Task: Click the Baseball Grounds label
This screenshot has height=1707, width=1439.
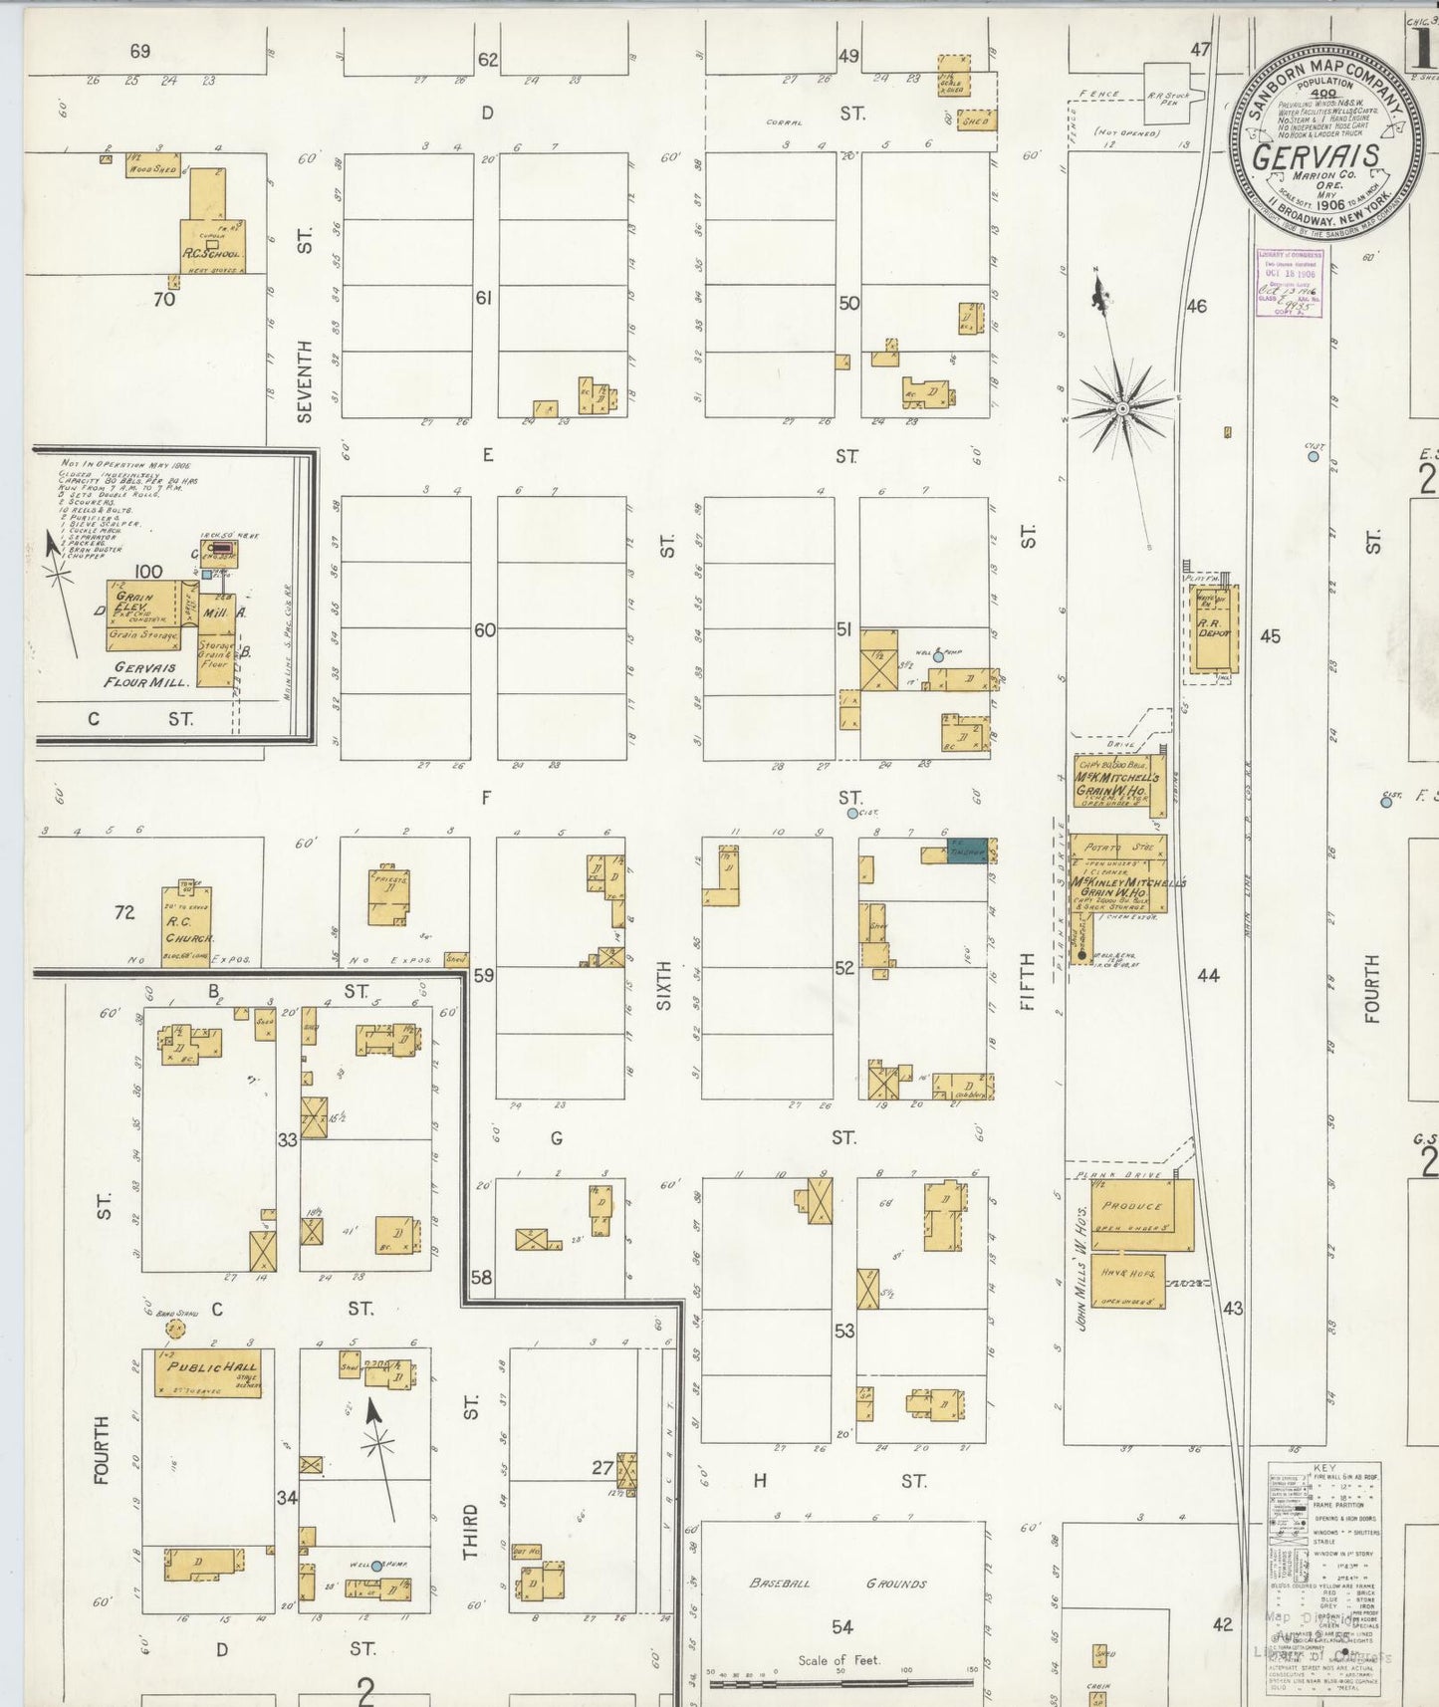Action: [839, 1583]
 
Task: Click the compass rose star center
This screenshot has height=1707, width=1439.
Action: [1123, 407]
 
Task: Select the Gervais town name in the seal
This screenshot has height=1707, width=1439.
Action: [1316, 157]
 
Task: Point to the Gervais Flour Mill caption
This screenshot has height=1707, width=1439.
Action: [145, 674]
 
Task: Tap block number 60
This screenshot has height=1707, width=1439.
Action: [484, 630]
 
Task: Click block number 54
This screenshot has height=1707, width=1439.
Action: [842, 1626]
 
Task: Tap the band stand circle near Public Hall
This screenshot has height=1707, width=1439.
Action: [175, 1330]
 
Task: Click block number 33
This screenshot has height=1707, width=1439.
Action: [287, 1139]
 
